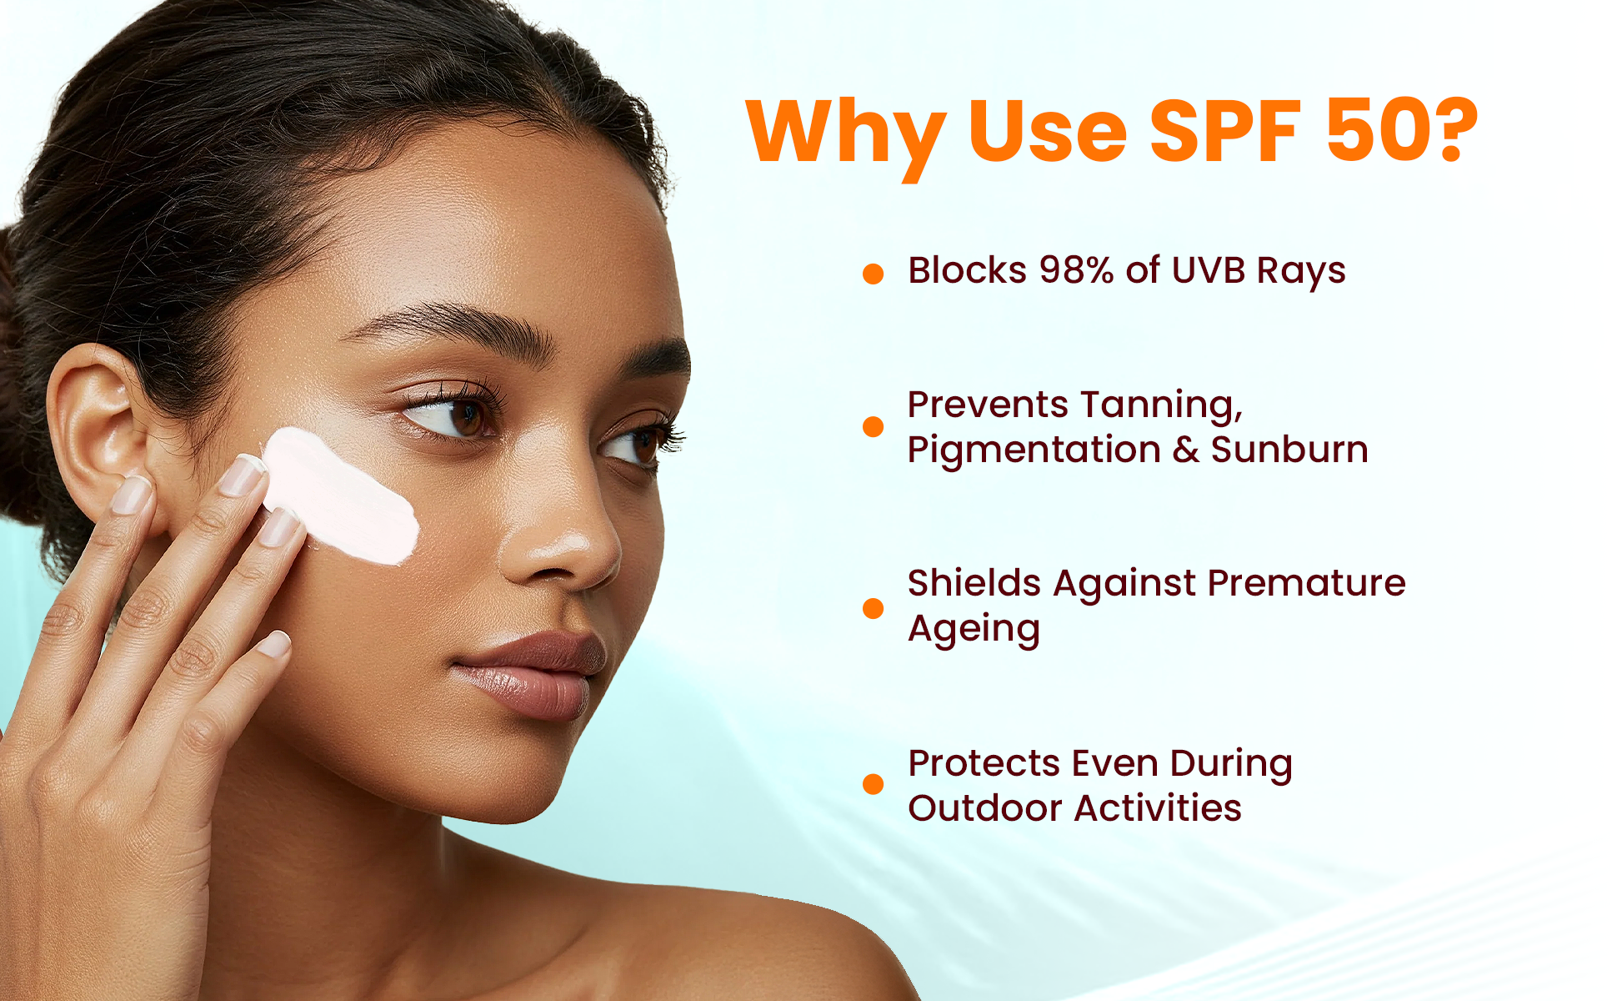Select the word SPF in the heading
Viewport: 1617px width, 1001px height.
[1225, 130]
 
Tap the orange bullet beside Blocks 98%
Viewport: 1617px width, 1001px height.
[873, 274]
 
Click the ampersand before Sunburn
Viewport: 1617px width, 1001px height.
[1186, 450]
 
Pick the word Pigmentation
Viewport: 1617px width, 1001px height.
[1034, 451]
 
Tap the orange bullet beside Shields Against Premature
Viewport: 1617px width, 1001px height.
[873, 608]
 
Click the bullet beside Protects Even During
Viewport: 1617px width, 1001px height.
[873, 783]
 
